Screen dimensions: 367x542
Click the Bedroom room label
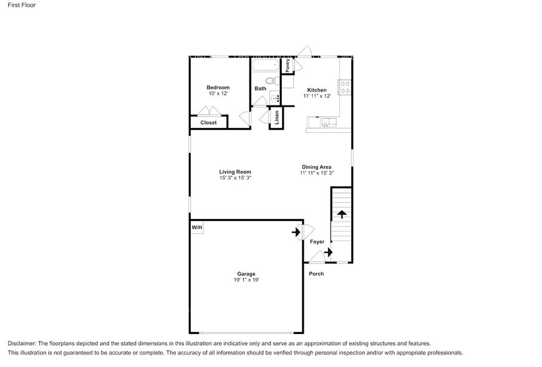(218, 87)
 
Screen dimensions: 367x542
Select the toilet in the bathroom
(271, 81)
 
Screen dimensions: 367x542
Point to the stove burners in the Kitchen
(344, 87)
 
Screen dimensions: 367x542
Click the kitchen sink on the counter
(326, 123)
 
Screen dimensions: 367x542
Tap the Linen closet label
(277, 117)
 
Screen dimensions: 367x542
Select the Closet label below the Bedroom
(208, 123)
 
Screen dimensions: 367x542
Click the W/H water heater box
(196, 228)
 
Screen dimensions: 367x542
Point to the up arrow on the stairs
(342, 214)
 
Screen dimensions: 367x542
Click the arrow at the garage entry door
(296, 233)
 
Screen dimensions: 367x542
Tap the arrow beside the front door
(328, 252)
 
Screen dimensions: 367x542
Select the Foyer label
(317, 242)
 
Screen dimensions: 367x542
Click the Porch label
(316, 274)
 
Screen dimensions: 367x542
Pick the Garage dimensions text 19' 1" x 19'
(246, 280)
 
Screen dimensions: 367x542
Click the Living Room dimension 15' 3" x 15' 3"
(235, 178)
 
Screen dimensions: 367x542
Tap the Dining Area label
(316, 167)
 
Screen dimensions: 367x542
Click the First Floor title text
(21, 6)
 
